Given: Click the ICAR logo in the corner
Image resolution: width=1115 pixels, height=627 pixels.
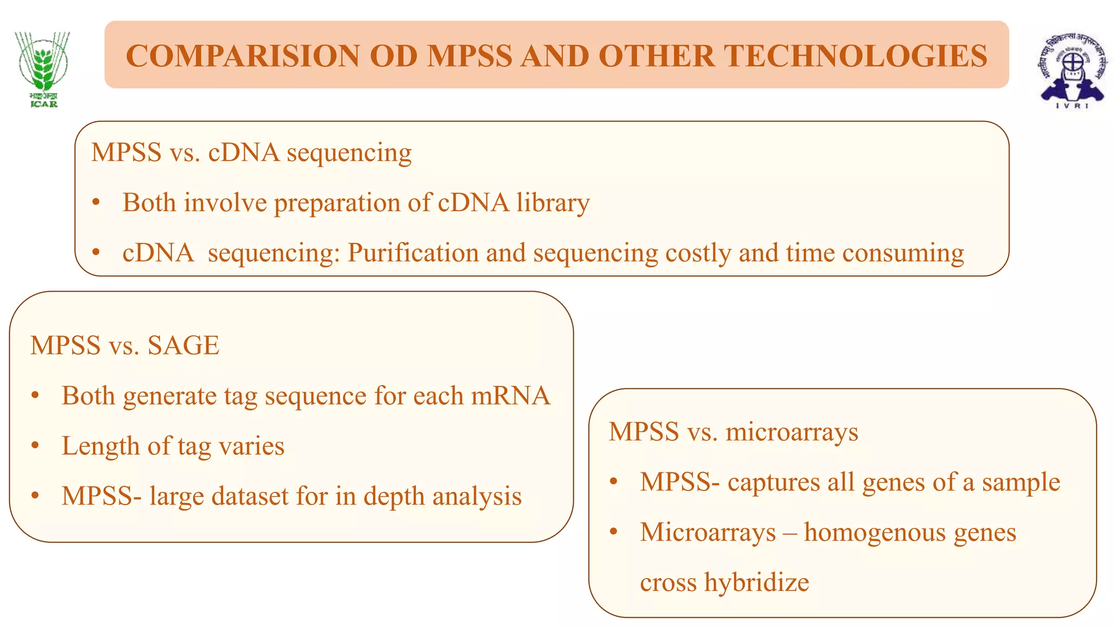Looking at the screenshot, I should click(x=42, y=69).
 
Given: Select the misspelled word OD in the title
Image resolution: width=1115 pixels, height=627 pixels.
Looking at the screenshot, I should click(x=394, y=56).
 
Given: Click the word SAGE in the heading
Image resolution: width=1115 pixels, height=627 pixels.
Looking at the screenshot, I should click(x=183, y=346).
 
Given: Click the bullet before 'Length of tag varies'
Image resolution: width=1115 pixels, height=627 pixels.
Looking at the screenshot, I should click(x=35, y=446).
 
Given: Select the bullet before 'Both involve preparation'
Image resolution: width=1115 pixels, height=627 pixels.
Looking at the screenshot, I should click(x=96, y=202).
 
